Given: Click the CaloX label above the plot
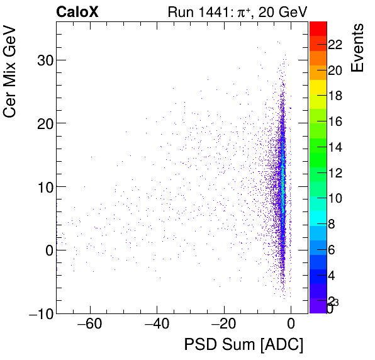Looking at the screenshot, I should coord(77,11).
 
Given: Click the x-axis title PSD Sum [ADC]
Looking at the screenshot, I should coord(243,345).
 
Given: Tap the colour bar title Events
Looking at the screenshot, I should coord(357,48).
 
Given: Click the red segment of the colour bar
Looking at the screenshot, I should coord(318,28).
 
